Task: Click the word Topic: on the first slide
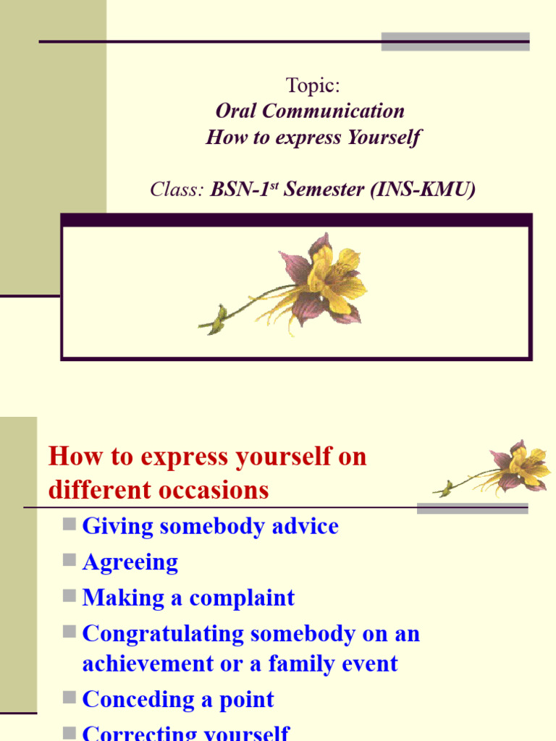[x=313, y=85]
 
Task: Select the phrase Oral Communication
[x=310, y=111]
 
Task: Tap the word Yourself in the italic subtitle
[x=384, y=137]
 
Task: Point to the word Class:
[x=177, y=190]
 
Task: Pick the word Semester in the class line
[x=324, y=190]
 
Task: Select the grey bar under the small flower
[x=472, y=509]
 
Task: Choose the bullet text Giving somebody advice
[x=210, y=526]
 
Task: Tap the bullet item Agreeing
[x=130, y=562]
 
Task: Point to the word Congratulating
[x=163, y=634]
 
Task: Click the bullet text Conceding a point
[x=178, y=700]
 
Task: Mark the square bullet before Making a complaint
[x=69, y=596]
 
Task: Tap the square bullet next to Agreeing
[x=69, y=559]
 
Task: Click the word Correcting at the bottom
[x=131, y=732]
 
